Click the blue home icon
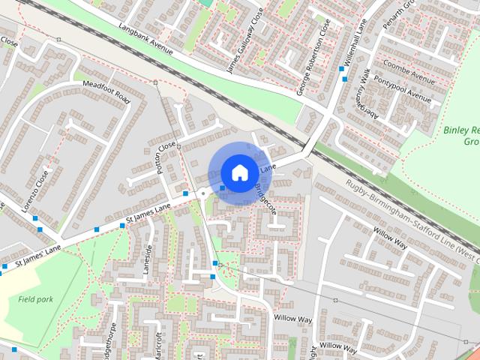[x=239, y=172]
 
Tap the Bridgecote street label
[x=265, y=198]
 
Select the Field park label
[x=35, y=298]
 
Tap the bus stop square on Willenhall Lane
[x=342, y=69]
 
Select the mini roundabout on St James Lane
[x=202, y=193]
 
